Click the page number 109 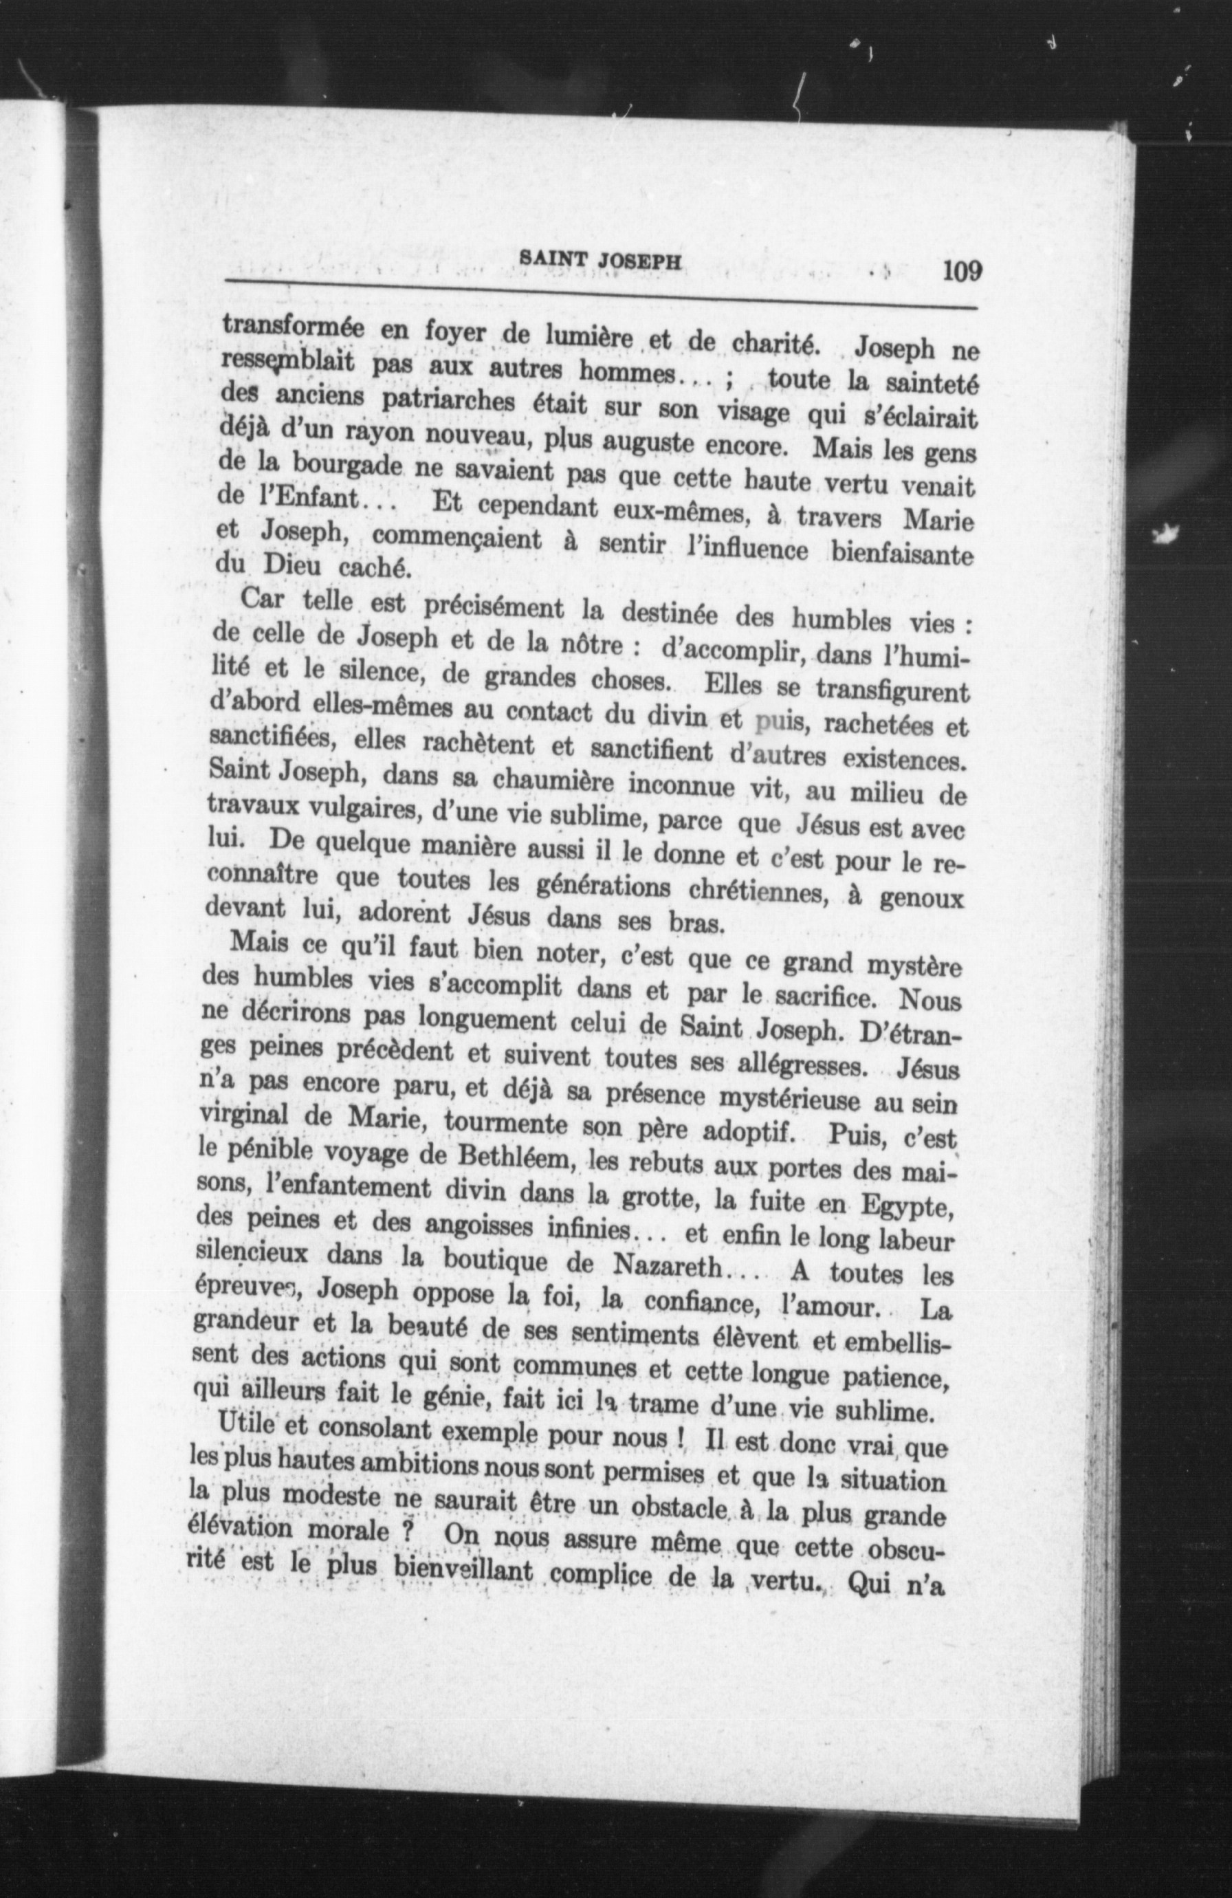(x=961, y=272)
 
